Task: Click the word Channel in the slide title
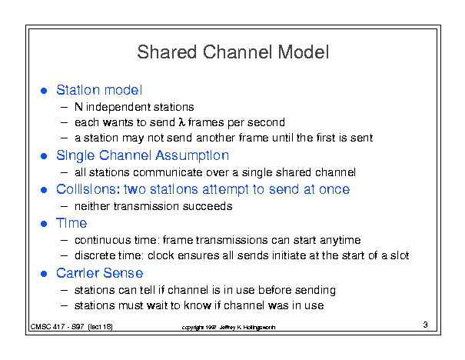[237, 52]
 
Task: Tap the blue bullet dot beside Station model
[44, 91]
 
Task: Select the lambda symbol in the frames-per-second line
[181, 122]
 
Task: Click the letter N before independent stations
[78, 107]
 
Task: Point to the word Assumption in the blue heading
[192, 156]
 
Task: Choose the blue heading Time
[71, 223]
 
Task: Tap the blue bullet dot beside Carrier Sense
[44, 274]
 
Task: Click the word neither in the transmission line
[92, 206]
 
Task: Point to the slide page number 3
[425, 325]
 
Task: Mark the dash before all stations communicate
[64, 172]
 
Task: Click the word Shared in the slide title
[167, 52]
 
